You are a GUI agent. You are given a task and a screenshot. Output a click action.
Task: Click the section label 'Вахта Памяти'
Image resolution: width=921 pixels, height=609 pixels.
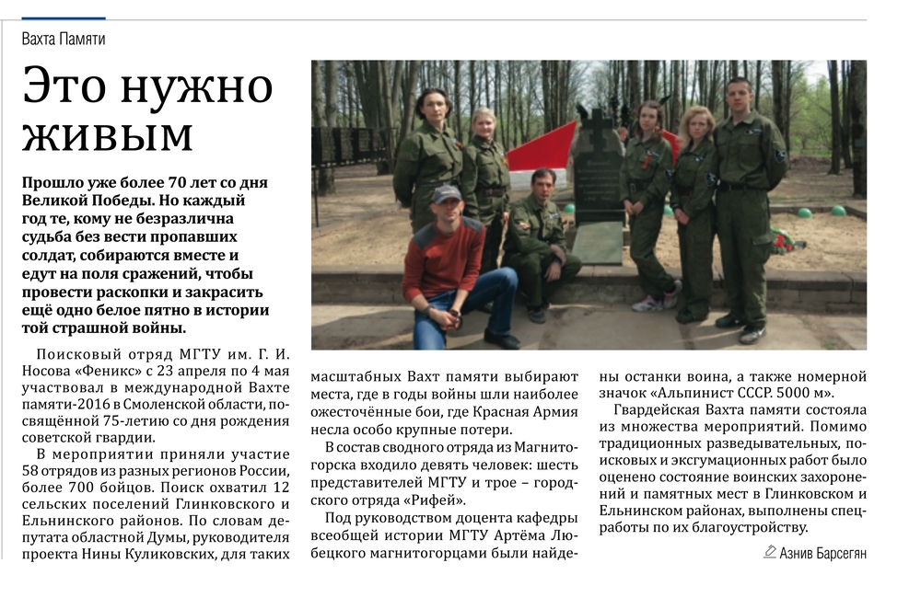[x=64, y=39]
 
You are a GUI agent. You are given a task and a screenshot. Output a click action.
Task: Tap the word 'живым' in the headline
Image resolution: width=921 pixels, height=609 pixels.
[x=107, y=136]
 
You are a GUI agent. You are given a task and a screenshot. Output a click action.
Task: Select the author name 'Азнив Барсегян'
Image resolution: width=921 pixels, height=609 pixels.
[x=822, y=552]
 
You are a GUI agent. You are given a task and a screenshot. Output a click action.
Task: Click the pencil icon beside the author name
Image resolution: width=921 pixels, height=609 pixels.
[x=770, y=551]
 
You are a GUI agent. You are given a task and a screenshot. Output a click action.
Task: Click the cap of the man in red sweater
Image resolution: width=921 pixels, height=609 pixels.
[x=447, y=194]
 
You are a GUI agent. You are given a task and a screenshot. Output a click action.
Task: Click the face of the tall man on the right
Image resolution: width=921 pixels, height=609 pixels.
[x=738, y=95]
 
